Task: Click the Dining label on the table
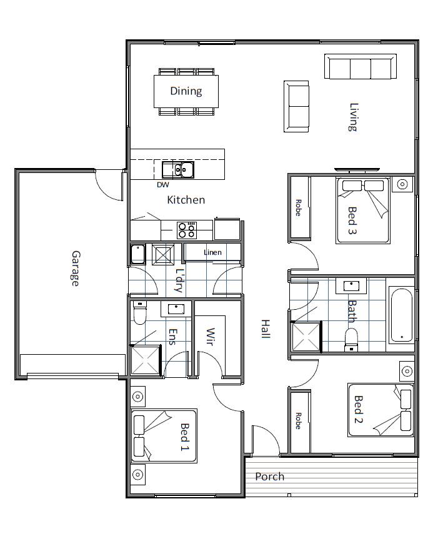[186, 91]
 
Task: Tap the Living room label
[353, 117]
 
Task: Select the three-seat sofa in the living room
[360, 67]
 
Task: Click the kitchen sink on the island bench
[177, 169]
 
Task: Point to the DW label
[162, 184]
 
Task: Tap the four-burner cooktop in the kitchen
[187, 230]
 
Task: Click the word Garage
[75, 268]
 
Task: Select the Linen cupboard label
[212, 252]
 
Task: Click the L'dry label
[179, 280]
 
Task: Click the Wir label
[211, 337]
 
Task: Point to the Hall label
[265, 329]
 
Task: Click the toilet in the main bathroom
[351, 340]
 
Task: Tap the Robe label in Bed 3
[299, 208]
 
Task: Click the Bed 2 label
[359, 409]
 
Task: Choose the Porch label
[269, 477]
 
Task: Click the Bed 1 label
[185, 437]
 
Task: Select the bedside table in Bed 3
[403, 184]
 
